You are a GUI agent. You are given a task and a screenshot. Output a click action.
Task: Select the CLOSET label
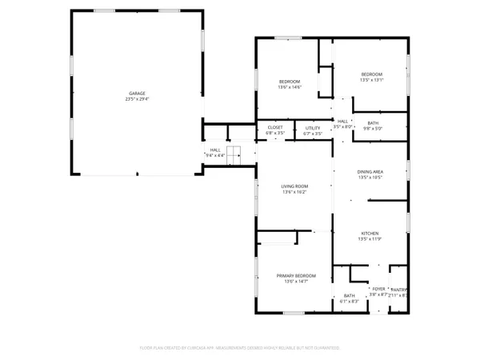275,127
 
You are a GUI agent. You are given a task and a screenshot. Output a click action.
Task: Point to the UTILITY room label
313,127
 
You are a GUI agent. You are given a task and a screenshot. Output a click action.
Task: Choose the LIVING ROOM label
294,186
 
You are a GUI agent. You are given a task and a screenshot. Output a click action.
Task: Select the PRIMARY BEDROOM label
294,274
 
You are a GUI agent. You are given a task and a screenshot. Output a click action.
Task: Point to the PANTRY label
399,290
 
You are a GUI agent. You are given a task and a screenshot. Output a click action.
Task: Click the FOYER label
378,289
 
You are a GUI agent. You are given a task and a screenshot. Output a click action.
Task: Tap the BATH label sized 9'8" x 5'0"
373,122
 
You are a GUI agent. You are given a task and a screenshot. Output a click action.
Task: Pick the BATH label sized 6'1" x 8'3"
350,295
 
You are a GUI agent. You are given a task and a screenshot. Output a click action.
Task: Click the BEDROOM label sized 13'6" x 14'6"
289,82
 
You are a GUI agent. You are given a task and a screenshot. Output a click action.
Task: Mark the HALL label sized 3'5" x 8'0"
342,121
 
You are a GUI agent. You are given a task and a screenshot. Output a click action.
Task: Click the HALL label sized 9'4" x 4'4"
215,150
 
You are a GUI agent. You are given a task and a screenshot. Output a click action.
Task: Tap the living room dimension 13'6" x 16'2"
294,193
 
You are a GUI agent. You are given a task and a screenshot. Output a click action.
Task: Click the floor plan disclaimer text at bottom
240,348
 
